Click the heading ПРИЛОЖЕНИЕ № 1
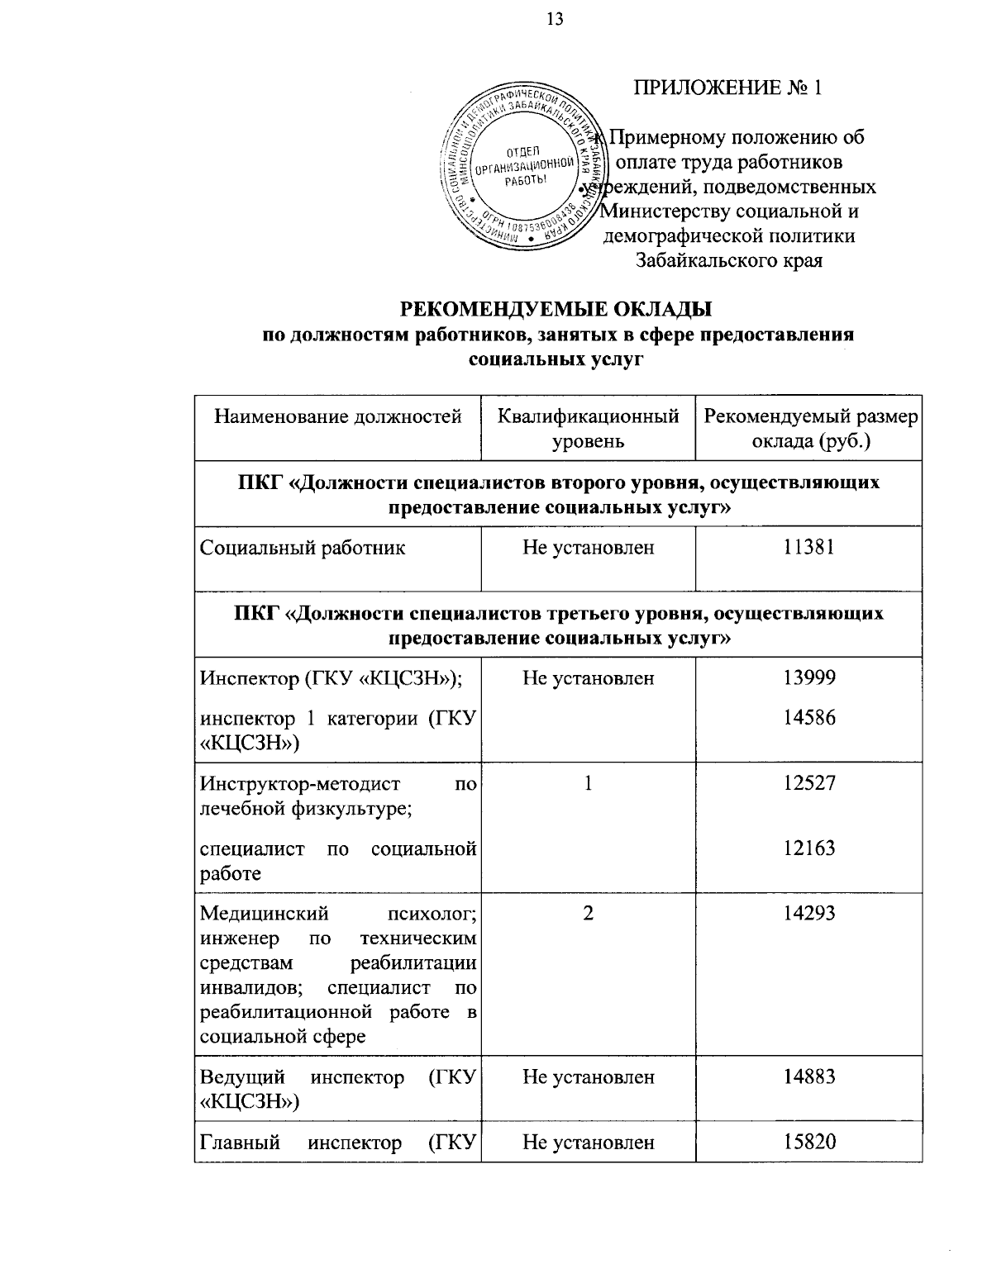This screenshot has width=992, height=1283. pos(728,88)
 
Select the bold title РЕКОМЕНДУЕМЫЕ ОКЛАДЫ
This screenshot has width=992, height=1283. pos(556,310)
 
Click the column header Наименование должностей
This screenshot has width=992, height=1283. pos(337,416)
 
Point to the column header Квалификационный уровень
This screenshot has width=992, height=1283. pos(588,429)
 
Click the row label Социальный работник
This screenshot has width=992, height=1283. pos(303,547)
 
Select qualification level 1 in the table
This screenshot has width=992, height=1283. pos(588,782)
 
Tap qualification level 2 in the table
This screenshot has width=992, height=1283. pos(588,913)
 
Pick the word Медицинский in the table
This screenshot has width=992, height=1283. pos(265,914)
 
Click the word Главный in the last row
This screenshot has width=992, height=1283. pos(240,1143)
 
